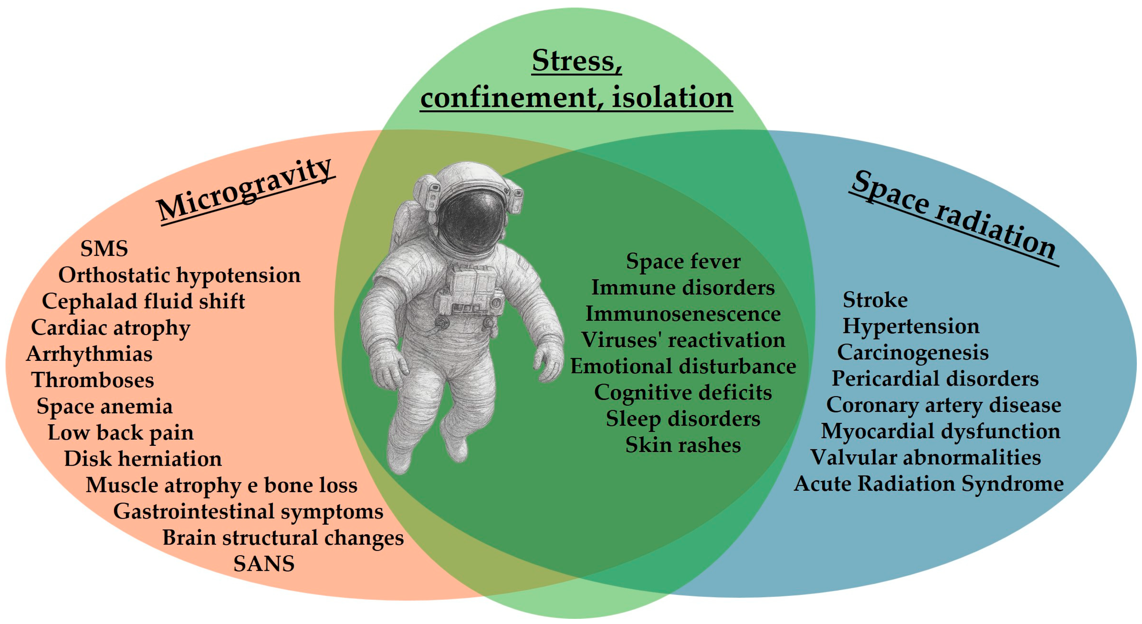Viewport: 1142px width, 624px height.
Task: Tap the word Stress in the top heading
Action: click(x=576, y=61)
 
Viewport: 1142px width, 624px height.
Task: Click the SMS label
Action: click(x=104, y=248)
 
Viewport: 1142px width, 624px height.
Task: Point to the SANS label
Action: click(x=264, y=564)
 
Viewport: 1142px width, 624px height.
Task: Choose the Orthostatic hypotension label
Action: click(x=179, y=275)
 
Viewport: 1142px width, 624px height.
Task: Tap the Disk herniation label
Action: click(x=143, y=458)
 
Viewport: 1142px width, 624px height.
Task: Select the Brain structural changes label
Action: click(x=283, y=538)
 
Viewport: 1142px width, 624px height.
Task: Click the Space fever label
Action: click(x=683, y=261)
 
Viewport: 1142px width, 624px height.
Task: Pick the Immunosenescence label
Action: click(x=683, y=314)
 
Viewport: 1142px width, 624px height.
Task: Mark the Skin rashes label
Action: click(x=683, y=445)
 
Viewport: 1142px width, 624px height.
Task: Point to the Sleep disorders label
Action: click(x=683, y=419)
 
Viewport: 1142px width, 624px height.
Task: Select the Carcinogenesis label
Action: click(x=912, y=352)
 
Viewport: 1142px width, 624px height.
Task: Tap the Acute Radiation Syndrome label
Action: click(x=928, y=484)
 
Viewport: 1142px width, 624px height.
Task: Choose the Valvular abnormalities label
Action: click(x=926, y=457)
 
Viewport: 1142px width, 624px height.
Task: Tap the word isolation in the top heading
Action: click(x=672, y=98)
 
